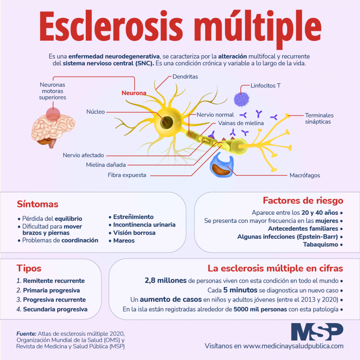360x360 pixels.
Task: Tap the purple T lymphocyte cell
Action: [242, 99]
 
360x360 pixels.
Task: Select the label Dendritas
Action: [185, 77]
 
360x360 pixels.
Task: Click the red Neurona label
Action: [134, 93]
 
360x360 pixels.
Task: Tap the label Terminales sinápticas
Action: [319, 118]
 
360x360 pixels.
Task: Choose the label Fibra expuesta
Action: [127, 175]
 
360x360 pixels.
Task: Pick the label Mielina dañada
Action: [106, 165]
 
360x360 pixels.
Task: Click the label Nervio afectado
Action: [83, 155]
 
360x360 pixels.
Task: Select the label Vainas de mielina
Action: [241, 123]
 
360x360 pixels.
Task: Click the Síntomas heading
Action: [38, 204]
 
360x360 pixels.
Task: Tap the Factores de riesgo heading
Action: [303, 201]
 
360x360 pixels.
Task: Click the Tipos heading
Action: [29, 269]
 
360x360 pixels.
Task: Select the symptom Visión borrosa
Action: [134, 233]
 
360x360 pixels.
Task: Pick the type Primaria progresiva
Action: [51, 290]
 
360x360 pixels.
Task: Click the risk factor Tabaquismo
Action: [320, 244]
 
